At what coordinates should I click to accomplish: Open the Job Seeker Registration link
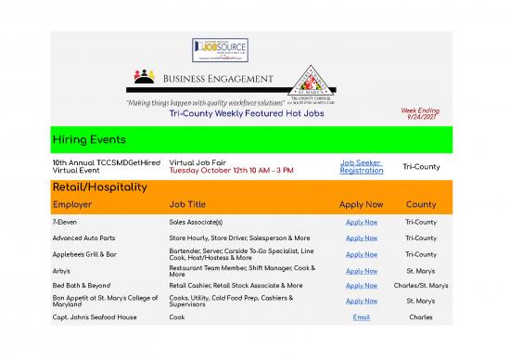click(x=361, y=166)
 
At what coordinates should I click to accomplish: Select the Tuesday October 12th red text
click(x=218, y=171)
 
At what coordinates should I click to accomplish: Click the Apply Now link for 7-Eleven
click(x=361, y=223)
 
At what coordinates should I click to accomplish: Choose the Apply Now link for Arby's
click(x=361, y=270)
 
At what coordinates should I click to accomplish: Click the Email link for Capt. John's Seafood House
click(x=361, y=316)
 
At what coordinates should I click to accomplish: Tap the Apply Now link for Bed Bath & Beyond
click(x=361, y=285)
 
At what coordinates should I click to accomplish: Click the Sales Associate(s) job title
click(x=196, y=223)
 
